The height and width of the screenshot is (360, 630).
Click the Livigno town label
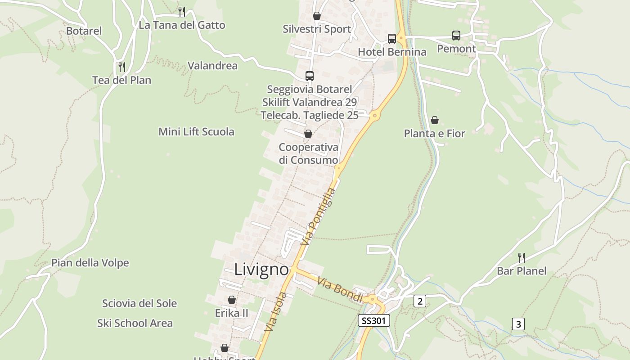[261, 270]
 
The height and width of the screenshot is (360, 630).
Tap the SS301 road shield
[373, 320]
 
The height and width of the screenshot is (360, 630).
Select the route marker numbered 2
[419, 301]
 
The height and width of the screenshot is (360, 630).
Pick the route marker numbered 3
[518, 324]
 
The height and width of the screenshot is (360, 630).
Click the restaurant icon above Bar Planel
[522, 257]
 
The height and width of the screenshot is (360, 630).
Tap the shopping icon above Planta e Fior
[435, 120]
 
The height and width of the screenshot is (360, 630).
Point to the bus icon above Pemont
[456, 36]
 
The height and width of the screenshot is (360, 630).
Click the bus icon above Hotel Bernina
[392, 39]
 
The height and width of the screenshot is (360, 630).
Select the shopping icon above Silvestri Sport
[317, 16]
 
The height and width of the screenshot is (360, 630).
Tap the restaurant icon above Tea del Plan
[121, 67]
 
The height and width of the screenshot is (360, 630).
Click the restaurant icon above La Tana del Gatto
[182, 11]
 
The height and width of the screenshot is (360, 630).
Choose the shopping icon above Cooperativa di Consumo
[308, 134]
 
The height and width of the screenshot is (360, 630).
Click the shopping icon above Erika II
[232, 300]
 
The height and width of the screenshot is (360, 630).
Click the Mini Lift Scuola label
[196, 132]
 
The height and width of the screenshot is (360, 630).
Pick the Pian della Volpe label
[90, 263]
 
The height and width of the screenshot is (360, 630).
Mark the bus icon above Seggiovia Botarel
[310, 76]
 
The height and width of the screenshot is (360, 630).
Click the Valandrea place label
[212, 66]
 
